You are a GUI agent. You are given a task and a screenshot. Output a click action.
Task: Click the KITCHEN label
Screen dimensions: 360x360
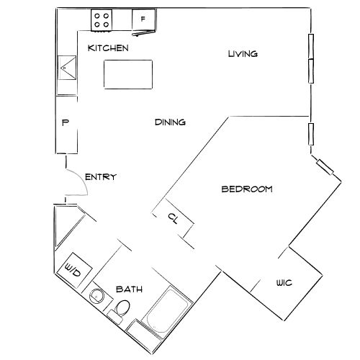[x=108, y=48]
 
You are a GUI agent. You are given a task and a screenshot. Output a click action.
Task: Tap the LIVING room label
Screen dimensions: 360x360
[x=243, y=54]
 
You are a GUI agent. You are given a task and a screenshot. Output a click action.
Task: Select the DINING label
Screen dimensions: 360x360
[x=171, y=122]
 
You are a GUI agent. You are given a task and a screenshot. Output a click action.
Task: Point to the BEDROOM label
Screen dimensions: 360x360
[x=246, y=189]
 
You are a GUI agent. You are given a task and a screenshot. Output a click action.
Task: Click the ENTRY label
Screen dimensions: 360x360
[x=101, y=177]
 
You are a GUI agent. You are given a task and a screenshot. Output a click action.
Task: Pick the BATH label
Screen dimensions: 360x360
[x=130, y=289]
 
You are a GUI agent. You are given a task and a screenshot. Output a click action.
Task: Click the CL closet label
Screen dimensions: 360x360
[x=173, y=218]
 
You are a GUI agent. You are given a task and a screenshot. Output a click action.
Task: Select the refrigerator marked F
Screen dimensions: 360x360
[x=143, y=20]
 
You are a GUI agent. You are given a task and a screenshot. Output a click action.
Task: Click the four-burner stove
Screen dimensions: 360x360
[x=102, y=20]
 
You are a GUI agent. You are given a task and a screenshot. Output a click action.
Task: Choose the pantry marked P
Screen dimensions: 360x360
[x=65, y=124]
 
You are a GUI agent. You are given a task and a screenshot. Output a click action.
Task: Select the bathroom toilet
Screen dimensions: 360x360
[x=122, y=310]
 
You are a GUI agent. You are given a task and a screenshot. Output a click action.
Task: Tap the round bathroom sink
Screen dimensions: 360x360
[x=97, y=296]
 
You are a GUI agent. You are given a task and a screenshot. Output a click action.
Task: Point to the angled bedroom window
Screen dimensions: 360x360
[x=325, y=168]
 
